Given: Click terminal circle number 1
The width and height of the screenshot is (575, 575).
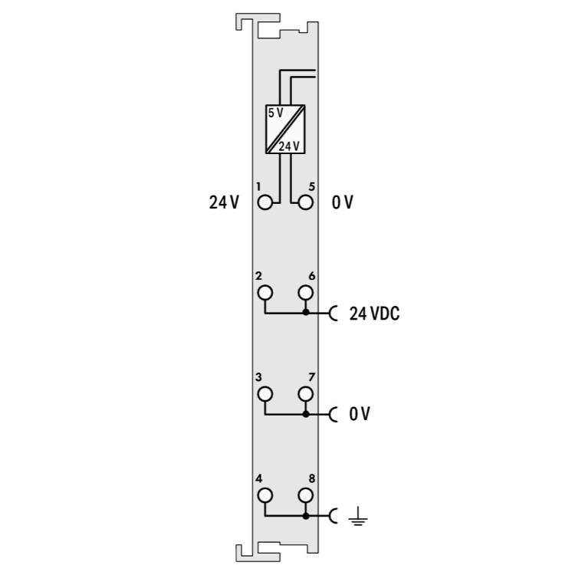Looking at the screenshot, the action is click(265, 202).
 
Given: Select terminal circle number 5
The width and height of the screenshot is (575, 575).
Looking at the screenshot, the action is click(305, 202).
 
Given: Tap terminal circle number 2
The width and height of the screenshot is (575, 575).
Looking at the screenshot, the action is click(265, 293).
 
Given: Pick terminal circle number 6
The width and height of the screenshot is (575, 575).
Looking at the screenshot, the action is click(305, 293).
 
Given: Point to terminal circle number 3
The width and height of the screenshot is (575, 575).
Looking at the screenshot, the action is click(265, 394).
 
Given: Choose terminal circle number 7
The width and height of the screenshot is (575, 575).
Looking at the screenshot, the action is click(305, 394).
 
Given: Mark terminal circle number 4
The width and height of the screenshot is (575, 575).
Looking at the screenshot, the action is click(265, 495).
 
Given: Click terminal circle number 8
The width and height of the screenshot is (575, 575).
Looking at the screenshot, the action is click(305, 495).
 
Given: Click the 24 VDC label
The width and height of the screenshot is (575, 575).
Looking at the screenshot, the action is click(374, 314).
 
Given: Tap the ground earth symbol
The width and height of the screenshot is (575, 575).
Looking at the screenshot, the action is click(358, 516).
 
